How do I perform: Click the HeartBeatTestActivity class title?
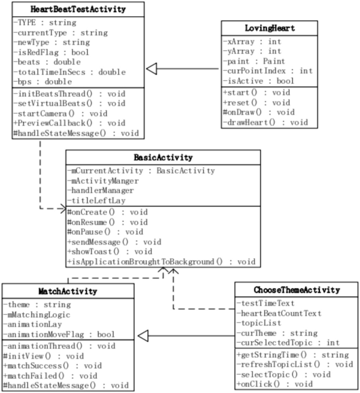coord(78,9)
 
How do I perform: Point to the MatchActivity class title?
coord(67,290)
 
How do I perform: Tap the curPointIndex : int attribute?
coord(268,70)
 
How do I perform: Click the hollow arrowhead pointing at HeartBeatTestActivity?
coord(152,68)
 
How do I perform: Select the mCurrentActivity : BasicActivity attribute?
coord(141,170)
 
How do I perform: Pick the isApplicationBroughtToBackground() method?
coord(161,261)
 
